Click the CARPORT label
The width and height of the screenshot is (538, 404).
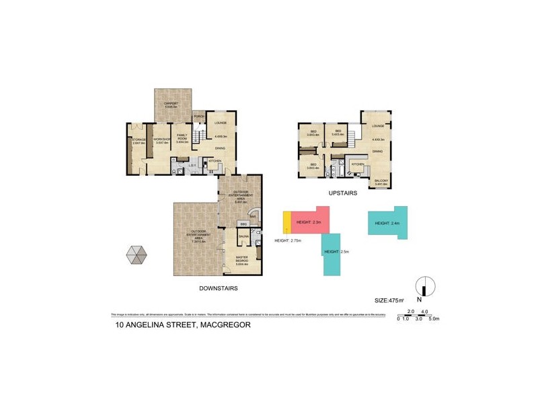click(170, 103)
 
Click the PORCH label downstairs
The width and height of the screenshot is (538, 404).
click(199, 116)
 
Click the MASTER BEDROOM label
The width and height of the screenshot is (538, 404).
click(242, 259)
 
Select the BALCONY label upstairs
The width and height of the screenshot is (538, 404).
click(381, 181)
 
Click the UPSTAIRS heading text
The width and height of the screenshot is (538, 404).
click(342, 193)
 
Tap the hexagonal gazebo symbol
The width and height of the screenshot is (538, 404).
click(136, 257)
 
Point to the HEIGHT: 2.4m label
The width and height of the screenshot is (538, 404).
click(387, 223)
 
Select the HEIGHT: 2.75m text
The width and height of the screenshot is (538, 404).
click(288, 240)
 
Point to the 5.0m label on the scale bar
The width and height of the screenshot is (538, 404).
click(434, 318)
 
